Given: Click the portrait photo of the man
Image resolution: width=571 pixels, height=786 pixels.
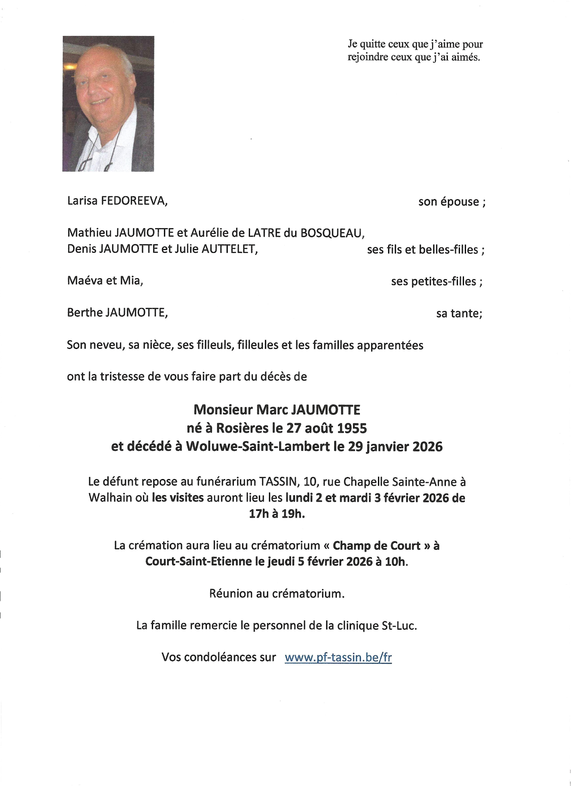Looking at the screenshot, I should [108, 104].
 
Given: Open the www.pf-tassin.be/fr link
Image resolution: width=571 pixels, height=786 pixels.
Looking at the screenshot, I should [338, 657].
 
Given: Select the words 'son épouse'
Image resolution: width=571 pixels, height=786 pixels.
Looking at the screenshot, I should [449, 202].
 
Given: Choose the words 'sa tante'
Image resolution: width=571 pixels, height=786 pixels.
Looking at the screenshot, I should [458, 313].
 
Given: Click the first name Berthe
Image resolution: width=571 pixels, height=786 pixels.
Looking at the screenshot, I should [84, 312].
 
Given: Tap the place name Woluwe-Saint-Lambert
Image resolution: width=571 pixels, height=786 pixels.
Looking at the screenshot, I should [258, 447].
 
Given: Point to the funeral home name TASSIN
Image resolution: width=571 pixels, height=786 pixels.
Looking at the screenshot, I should [277, 481].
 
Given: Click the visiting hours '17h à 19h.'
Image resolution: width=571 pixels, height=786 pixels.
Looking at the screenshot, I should [277, 514].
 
